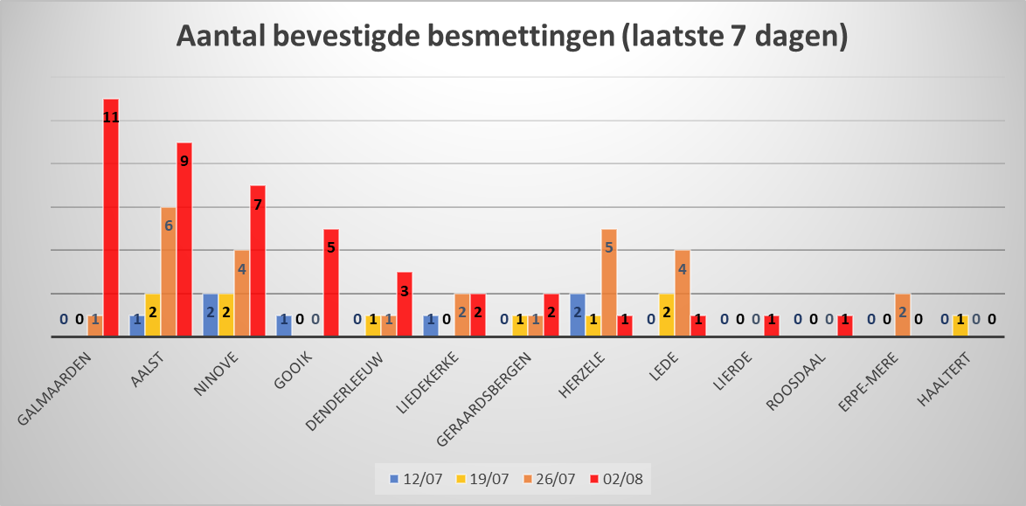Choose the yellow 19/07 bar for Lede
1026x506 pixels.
667,315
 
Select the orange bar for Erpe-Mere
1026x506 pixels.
903,315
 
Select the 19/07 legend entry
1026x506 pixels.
485,478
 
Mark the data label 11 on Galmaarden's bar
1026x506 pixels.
111,116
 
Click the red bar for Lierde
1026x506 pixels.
772,325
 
